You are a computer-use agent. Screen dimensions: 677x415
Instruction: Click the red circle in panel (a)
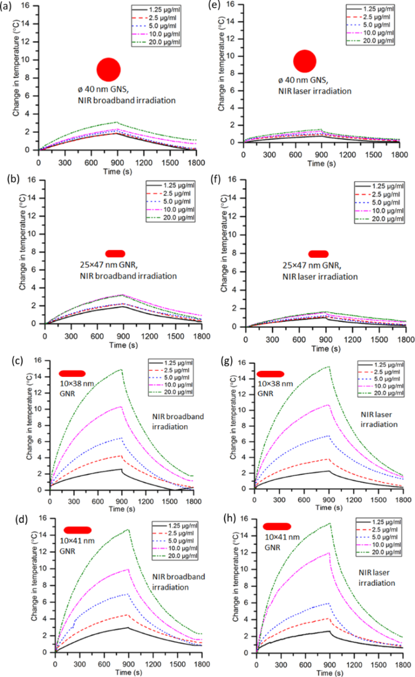tap(109, 69)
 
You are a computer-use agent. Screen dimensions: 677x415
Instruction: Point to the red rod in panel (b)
tap(115, 254)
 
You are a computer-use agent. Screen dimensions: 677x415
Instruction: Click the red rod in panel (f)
tap(318, 254)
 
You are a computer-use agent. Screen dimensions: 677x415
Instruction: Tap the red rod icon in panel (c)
tap(72, 374)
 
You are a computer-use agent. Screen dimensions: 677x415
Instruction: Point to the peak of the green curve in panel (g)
tap(328, 367)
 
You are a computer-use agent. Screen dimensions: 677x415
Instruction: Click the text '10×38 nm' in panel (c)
tap(74, 384)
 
